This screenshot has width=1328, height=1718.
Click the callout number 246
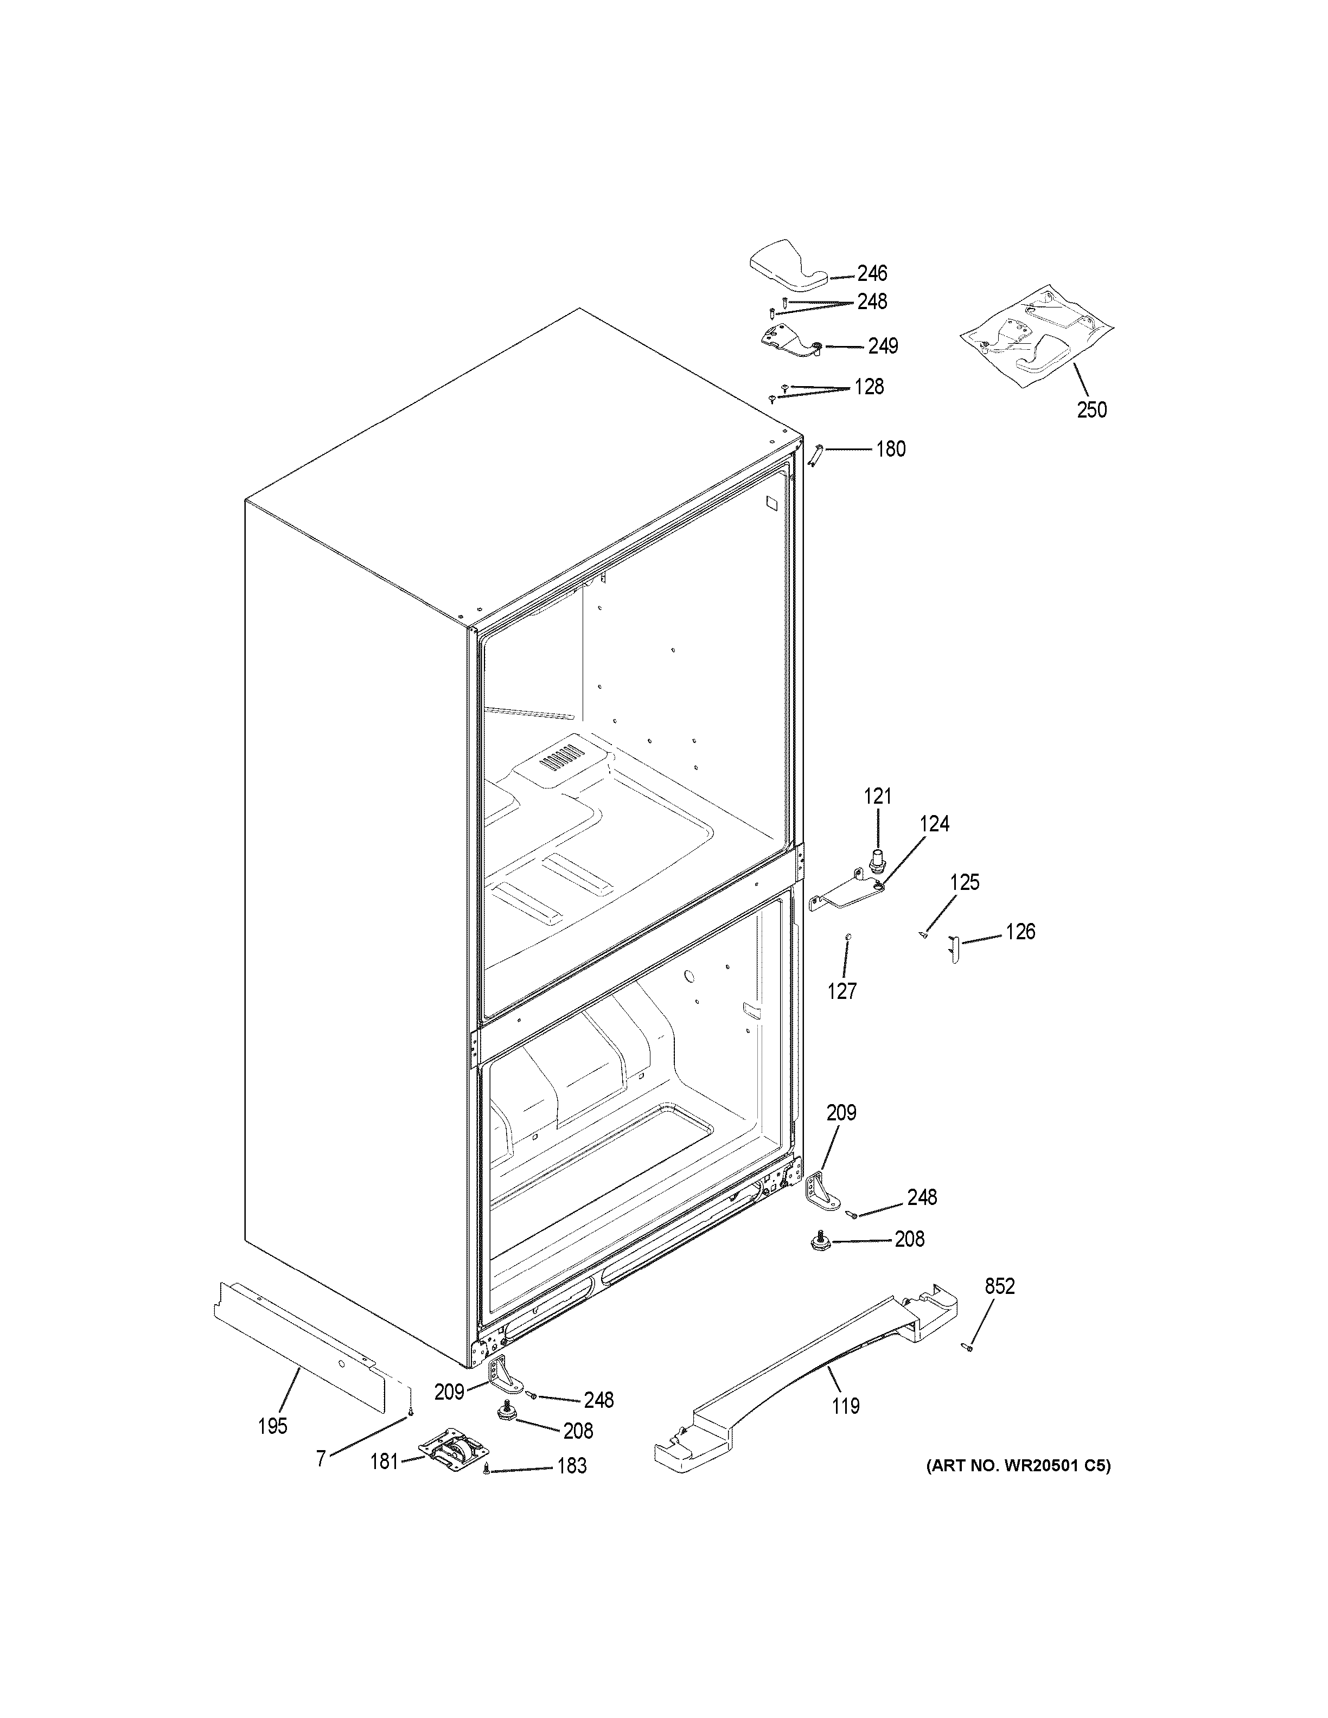click(872, 274)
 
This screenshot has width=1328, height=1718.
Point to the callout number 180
click(891, 449)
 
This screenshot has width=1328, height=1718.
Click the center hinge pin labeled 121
click(875, 861)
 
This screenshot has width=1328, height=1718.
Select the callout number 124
click(935, 824)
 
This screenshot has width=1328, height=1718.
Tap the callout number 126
click(1020, 932)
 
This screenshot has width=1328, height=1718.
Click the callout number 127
click(842, 991)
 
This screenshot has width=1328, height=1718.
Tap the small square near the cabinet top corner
click(771, 502)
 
